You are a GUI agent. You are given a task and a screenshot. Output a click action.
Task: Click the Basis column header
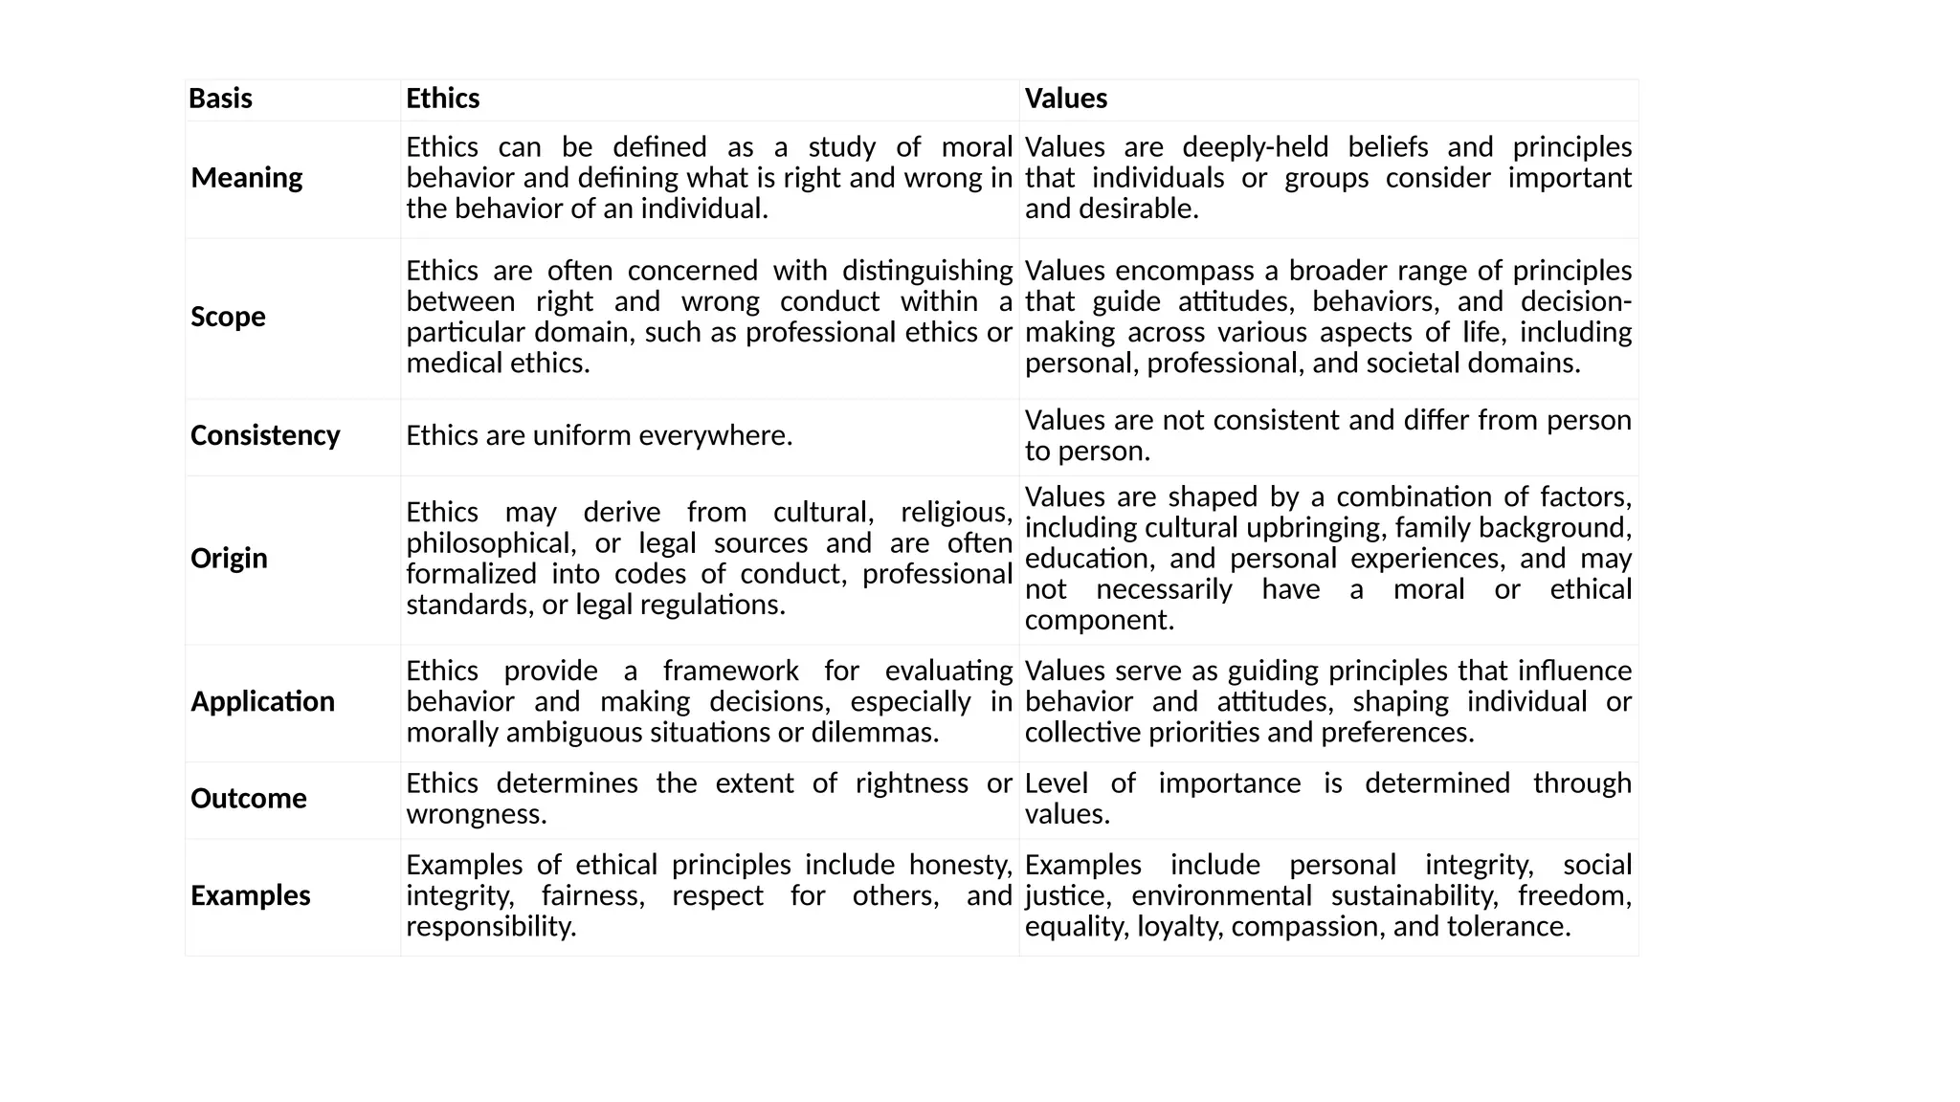pyautogui.click(x=220, y=99)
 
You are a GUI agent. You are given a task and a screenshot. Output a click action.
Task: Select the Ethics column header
pyautogui.click(x=442, y=99)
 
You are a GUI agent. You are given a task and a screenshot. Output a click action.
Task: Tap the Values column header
pyautogui.click(x=1065, y=99)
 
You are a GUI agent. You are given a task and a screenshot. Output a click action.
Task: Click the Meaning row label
pyautogui.click(x=246, y=178)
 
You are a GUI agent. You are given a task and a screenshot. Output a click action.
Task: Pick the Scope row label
pyautogui.click(x=228, y=317)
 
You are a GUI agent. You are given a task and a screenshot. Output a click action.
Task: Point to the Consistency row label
pyautogui.click(x=265, y=435)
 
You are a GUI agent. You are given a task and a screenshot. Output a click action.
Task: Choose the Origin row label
pyautogui.click(x=229, y=558)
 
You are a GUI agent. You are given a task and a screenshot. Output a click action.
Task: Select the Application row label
pyautogui.click(x=262, y=701)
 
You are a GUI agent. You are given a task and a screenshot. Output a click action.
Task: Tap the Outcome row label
pyautogui.click(x=248, y=799)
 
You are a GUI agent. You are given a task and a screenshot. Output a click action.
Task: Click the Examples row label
pyautogui.click(x=250, y=895)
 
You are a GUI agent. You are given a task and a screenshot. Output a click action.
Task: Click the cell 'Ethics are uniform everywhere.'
pyautogui.click(x=599, y=435)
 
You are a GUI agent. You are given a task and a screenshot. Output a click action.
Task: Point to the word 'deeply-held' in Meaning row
pyautogui.click(x=1255, y=147)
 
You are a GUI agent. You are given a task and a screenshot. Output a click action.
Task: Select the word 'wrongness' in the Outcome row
pyautogui.click(x=475, y=814)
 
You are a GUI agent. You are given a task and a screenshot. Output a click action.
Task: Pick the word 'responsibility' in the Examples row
pyautogui.click(x=489, y=927)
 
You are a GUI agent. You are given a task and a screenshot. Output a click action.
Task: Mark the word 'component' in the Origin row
pyautogui.click(x=1098, y=620)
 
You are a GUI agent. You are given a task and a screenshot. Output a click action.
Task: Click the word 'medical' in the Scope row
pyautogui.click(x=448, y=364)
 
